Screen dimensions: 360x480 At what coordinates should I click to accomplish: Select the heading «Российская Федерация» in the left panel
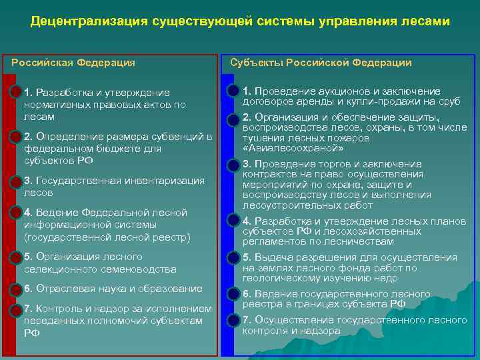pos(73,63)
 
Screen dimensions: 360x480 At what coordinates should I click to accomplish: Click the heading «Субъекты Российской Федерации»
pos(321,63)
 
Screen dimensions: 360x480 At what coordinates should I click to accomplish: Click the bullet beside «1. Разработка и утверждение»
pos(16,92)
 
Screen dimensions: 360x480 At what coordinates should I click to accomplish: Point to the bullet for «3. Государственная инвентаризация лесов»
pos(16,181)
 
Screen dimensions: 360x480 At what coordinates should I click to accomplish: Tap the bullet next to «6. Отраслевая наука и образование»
pos(16,289)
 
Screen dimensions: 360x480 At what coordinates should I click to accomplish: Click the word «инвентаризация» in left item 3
pos(166,181)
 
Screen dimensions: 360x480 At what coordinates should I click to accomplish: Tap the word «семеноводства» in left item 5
pos(143,269)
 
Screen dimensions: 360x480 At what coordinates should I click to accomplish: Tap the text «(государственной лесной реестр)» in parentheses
pos(107,237)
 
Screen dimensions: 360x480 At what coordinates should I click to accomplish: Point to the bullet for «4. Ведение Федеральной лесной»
pos(16,213)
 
